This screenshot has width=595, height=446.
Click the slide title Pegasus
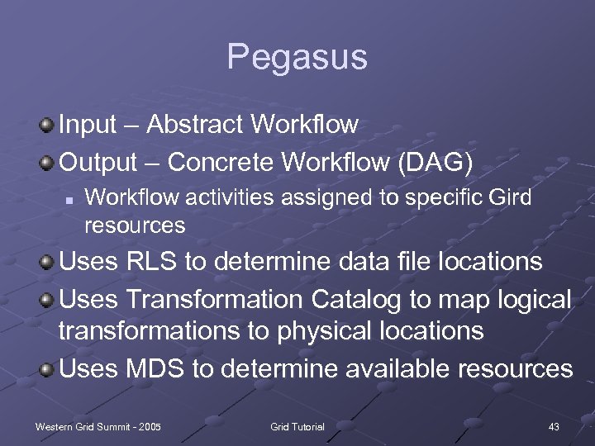pyautogui.click(x=297, y=58)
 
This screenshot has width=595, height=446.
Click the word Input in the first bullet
pyautogui.click(x=88, y=125)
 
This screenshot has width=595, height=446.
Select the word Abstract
pyautogui.click(x=196, y=125)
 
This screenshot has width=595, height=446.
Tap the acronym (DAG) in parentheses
pyautogui.click(x=436, y=163)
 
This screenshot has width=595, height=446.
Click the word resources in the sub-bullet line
pyautogui.click(x=135, y=225)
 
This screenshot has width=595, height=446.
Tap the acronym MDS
pyautogui.click(x=155, y=368)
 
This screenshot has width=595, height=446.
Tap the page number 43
pyautogui.click(x=554, y=426)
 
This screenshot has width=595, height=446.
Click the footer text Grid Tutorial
pyautogui.click(x=297, y=426)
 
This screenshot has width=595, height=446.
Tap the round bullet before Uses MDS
pyautogui.click(x=48, y=368)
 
